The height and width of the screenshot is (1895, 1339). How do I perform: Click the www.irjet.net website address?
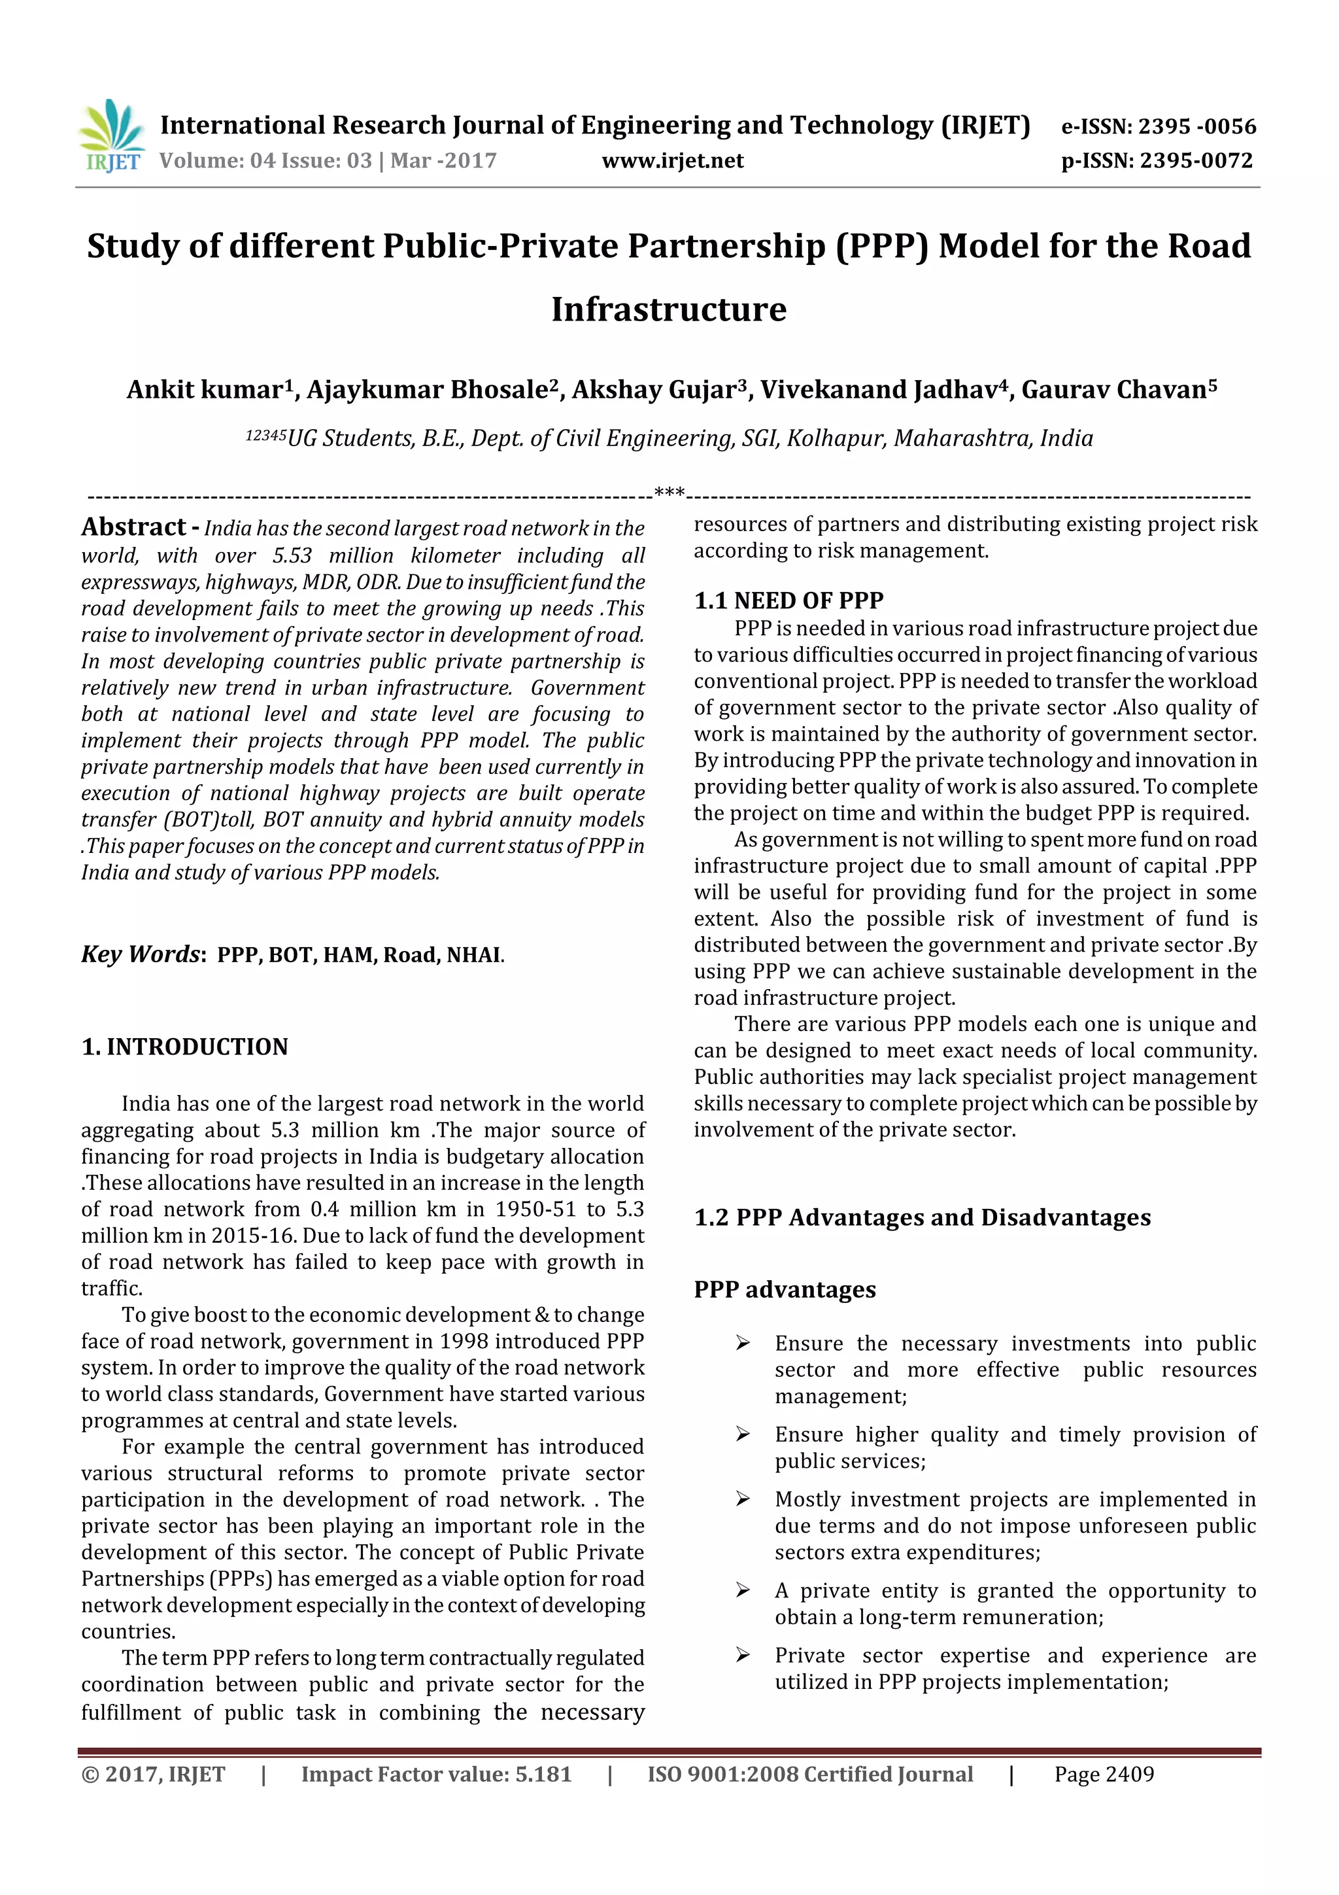coord(672,161)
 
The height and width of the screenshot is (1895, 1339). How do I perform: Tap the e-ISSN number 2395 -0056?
coord(1196,127)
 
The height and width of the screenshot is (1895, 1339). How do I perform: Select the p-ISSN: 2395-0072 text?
coord(1157,161)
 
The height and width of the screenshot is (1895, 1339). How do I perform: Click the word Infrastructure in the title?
coord(668,309)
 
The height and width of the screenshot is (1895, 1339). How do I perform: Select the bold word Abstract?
coord(133,527)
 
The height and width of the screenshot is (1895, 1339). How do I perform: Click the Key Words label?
coord(141,954)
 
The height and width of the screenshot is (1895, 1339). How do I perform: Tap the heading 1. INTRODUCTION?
coord(185,1047)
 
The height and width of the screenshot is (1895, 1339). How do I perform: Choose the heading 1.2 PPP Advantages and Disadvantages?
coord(921,1217)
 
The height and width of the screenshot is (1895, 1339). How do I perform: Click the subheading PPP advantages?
coord(785,1289)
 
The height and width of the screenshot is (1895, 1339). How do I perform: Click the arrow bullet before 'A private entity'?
coord(743,1590)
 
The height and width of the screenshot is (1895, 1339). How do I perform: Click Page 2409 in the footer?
coord(1104,1775)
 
